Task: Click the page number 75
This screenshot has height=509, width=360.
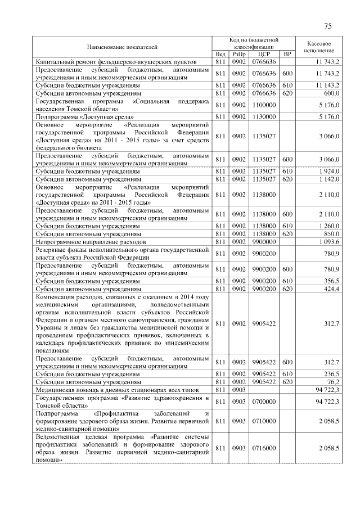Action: pos(328,26)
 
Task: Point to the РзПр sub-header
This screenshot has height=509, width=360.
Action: pos(238,54)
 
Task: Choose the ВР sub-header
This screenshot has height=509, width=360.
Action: pos(287,54)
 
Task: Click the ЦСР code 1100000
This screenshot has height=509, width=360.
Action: pos(264,104)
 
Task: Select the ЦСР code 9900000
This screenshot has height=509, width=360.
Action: pos(264,241)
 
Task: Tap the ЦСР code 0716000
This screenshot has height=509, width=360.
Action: pos(264,448)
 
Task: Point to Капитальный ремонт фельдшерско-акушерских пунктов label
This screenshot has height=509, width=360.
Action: pos(116,60)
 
